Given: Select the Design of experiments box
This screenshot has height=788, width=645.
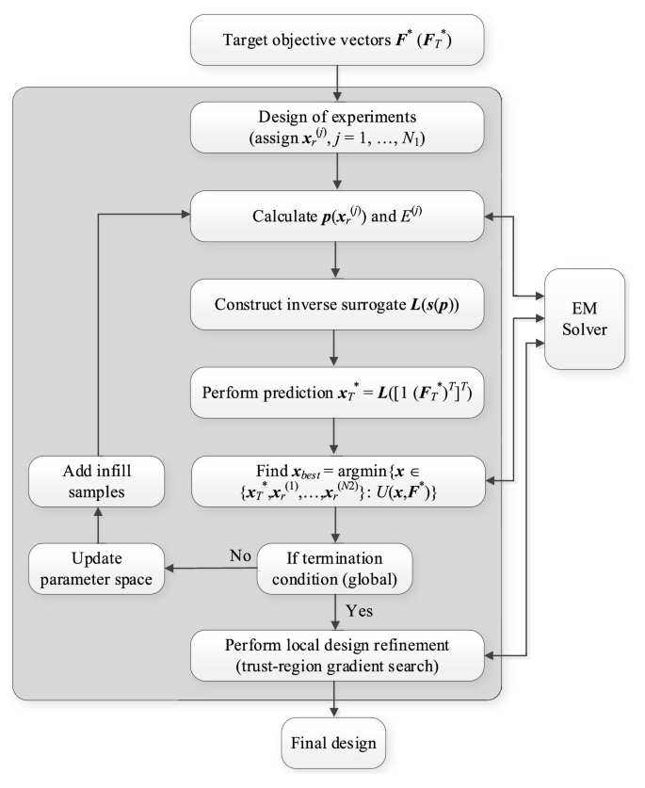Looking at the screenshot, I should tap(337, 132).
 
